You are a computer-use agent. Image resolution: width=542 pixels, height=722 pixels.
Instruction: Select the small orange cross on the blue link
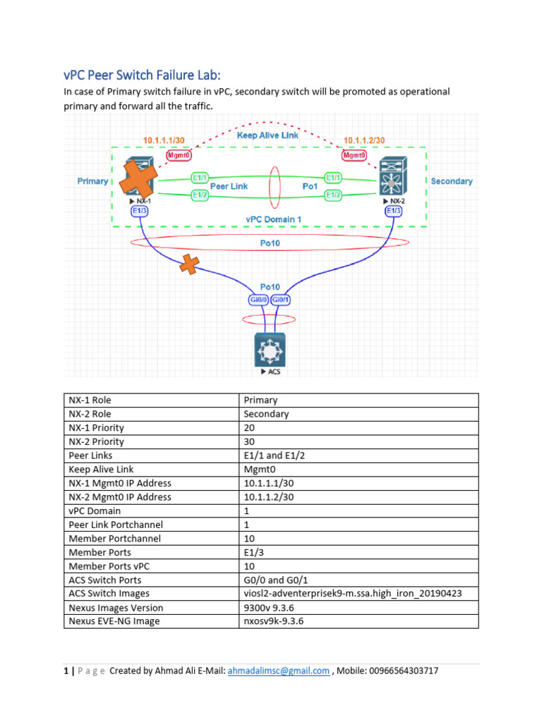click(188, 265)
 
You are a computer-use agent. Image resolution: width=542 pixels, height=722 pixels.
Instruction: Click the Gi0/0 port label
click(255, 299)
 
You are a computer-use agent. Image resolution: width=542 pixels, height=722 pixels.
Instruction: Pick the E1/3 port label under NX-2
click(394, 209)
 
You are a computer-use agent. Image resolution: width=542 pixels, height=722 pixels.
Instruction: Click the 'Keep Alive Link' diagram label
click(267, 135)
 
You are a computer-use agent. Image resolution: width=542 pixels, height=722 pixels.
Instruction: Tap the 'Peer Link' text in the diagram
click(229, 185)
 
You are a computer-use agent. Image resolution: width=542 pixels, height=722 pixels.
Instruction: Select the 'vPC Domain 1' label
click(274, 219)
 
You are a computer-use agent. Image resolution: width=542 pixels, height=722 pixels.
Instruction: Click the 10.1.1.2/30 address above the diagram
click(364, 140)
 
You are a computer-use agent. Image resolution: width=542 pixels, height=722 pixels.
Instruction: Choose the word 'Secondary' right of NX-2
click(452, 181)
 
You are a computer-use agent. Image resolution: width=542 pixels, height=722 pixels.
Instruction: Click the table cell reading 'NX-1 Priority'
click(96, 428)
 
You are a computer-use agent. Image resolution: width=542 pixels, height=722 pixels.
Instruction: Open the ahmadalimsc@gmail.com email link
click(278, 671)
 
